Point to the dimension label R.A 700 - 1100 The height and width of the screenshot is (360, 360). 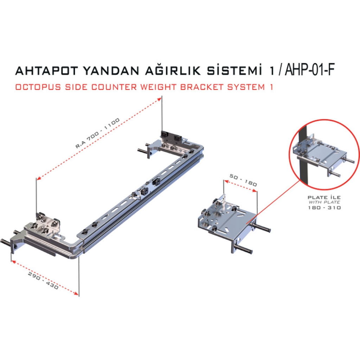98,133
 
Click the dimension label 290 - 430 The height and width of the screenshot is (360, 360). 43,281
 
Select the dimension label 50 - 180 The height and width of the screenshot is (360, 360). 243,180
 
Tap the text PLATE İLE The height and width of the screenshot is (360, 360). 324,197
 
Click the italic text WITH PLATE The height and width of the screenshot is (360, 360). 324,202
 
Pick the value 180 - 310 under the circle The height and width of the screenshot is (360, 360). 324,207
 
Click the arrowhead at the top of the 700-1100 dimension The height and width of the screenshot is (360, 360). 159,99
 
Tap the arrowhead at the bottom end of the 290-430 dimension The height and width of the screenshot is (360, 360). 76,293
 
